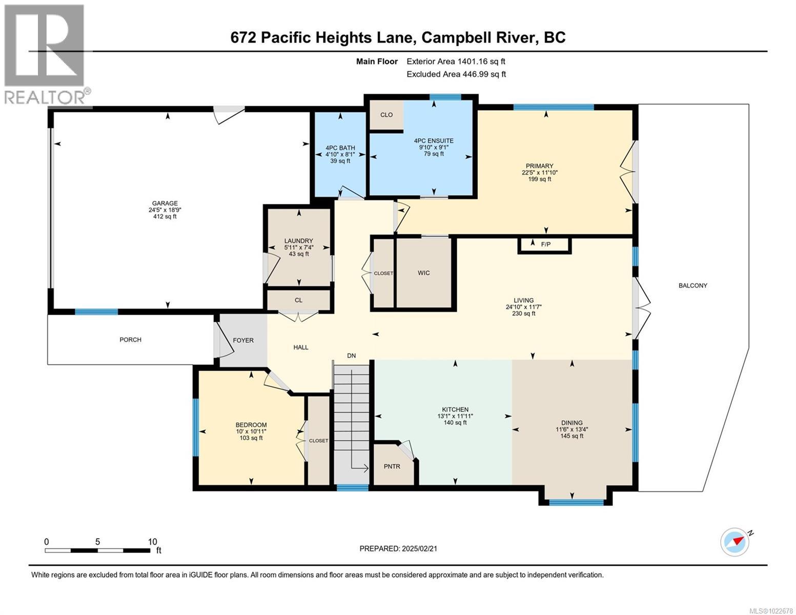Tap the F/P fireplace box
point(545,244)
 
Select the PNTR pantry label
point(392,466)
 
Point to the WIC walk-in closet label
point(423,273)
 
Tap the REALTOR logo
point(46,54)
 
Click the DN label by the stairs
point(351,356)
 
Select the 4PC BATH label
point(340,148)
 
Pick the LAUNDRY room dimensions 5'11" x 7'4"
point(299,248)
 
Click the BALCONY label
point(692,285)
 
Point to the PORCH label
point(130,340)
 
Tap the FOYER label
point(243,340)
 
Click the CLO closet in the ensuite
point(386,115)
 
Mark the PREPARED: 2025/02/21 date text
point(398,548)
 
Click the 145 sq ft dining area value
point(572,436)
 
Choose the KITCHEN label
point(455,409)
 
